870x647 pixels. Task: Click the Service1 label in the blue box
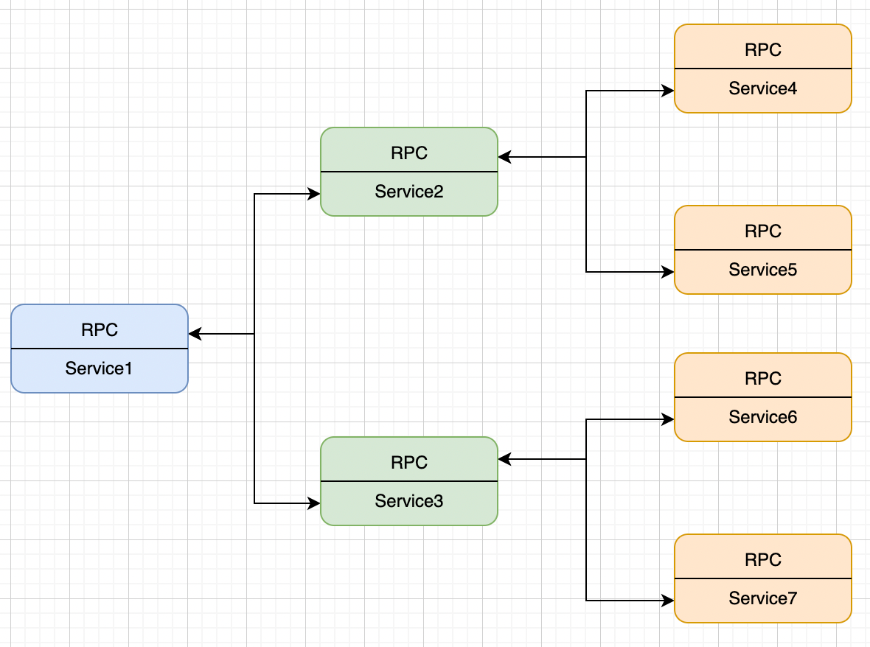point(99,368)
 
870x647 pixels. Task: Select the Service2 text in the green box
point(409,192)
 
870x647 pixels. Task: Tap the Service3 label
point(409,501)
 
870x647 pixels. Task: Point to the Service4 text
point(763,88)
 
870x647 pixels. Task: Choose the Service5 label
point(763,270)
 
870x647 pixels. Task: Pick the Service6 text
point(763,417)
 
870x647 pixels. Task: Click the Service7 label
point(763,598)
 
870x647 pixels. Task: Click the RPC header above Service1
point(100,329)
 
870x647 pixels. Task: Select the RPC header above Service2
point(409,153)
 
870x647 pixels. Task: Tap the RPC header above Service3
point(409,462)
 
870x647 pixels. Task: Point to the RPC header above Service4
point(763,49)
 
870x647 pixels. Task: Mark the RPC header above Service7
point(763,559)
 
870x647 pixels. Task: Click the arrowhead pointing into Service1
point(195,334)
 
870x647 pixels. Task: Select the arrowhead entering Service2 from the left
point(314,195)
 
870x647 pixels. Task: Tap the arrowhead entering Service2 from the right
point(504,157)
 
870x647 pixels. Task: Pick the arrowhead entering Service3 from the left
point(314,503)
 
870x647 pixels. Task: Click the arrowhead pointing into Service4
point(668,91)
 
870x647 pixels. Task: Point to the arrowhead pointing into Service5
point(668,272)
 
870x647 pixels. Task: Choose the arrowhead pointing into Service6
point(668,419)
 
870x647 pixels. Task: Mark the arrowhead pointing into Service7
point(668,601)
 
